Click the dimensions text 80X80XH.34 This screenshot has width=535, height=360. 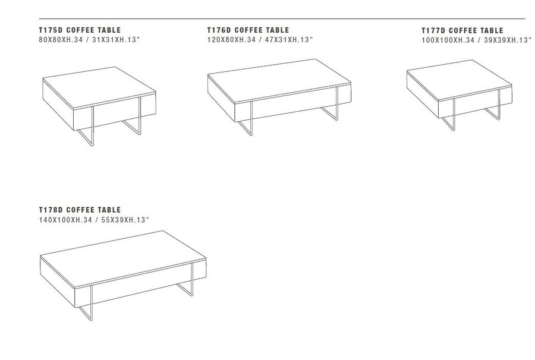pyautogui.click(x=61, y=40)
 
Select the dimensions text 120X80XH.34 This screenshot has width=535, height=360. pyautogui.click(x=231, y=40)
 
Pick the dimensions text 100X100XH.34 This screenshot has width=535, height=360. pyautogui.click(x=448, y=40)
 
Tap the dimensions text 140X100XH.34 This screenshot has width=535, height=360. pyautogui.click(x=65, y=220)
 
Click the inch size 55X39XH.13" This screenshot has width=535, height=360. pyautogui.click(x=125, y=220)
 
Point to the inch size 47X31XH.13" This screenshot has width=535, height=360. pyautogui.click(x=289, y=40)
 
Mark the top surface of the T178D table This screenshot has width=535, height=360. pyautogui.click(x=123, y=258)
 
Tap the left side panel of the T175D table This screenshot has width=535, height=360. pyautogui.click(x=58, y=104)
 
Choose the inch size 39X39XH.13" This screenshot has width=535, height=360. pyautogui.click(x=508, y=40)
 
